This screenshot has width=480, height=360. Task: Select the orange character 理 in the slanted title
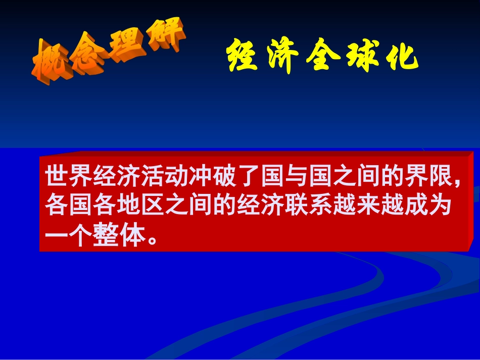(127, 49)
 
